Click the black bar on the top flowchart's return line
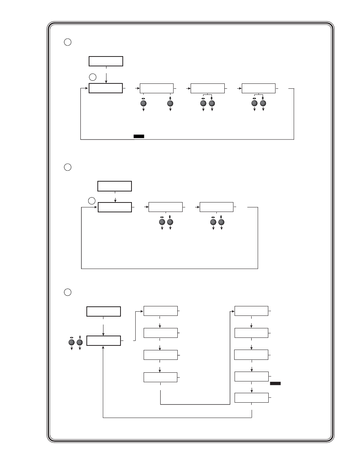click(x=139, y=136)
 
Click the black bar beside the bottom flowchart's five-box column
click(x=275, y=384)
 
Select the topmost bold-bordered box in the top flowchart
click(x=106, y=61)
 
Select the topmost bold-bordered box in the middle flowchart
click(x=114, y=186)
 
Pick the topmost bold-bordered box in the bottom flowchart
click(x=103, y=311)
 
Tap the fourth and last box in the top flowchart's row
click(x=258, y=88)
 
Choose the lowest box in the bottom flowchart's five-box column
click(x=252, y=398)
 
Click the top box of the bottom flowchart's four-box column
click(x=160, y=311)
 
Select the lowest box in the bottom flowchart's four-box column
click(x=160, y=377)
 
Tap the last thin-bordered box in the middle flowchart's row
click(x=216, y=207)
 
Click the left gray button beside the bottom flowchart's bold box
click(x=72, y=343)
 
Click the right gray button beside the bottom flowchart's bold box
click(x=80, y=343)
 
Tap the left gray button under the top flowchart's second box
click(x=144, y=103)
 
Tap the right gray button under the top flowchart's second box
click(x=170, y=103)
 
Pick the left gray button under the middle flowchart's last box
click(x=213, y=222)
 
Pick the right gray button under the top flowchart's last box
click(x=263, y=103)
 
